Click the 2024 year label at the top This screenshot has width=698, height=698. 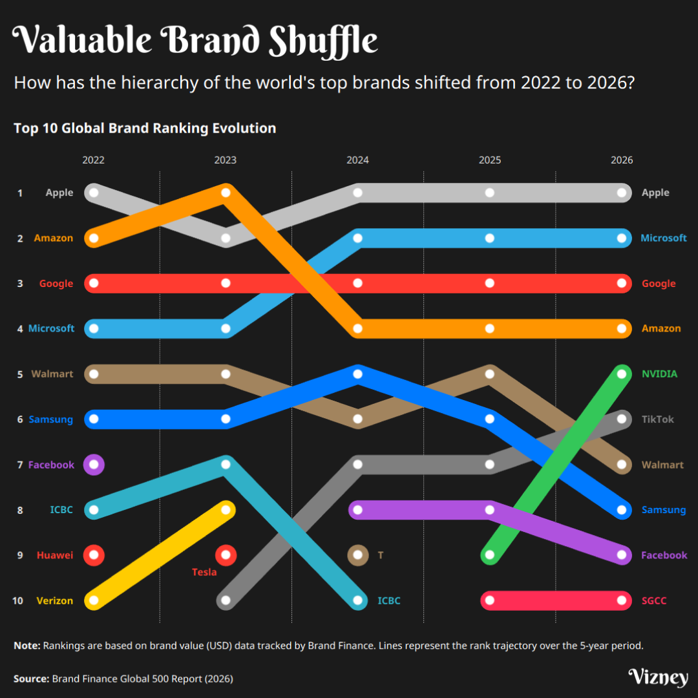point(357,160)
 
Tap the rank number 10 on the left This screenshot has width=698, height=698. point(17,600)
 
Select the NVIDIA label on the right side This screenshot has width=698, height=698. point(659,374)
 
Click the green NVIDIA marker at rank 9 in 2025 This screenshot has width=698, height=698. point(490,555)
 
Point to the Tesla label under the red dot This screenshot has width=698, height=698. point(204,572)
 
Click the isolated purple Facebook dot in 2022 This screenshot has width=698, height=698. point(94,464)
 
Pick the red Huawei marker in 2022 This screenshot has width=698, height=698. point(94,555)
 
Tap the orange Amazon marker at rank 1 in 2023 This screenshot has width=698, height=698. point(226,193)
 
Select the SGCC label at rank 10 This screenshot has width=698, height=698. point(653,600)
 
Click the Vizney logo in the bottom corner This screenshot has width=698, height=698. point(658,677)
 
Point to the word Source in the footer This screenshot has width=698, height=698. point(30,679)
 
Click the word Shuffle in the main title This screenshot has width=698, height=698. point(323,41)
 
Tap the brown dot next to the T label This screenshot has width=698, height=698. point(357,555)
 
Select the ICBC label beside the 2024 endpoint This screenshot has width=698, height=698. point(389,600)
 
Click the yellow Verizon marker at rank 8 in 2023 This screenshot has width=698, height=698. point(226,510)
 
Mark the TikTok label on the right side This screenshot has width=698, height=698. point(657,419)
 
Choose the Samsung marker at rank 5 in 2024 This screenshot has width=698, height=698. point(357,374)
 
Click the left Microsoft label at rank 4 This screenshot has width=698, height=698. point(51,328)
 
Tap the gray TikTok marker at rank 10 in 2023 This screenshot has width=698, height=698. point(226,600)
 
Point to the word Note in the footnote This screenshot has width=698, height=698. point(26,645)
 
